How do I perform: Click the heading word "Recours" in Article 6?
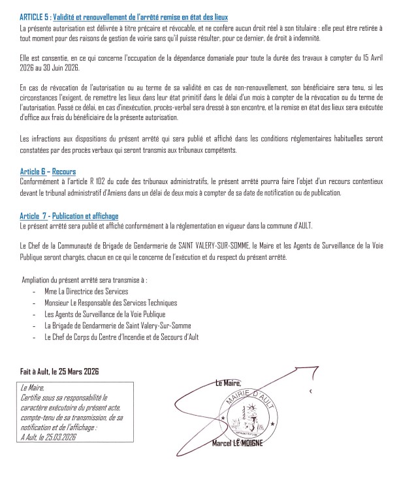pyautogui.click(x=64, y=171)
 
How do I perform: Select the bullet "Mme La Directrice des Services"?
pyautogui.click(x=86, y=291)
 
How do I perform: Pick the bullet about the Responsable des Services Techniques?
pyautogui.click(x=110, y=303)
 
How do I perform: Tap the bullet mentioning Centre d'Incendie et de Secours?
pyautogui.click(x=121, y=337)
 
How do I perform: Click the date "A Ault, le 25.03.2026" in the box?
pyautogui.click(x=49, y=437)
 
